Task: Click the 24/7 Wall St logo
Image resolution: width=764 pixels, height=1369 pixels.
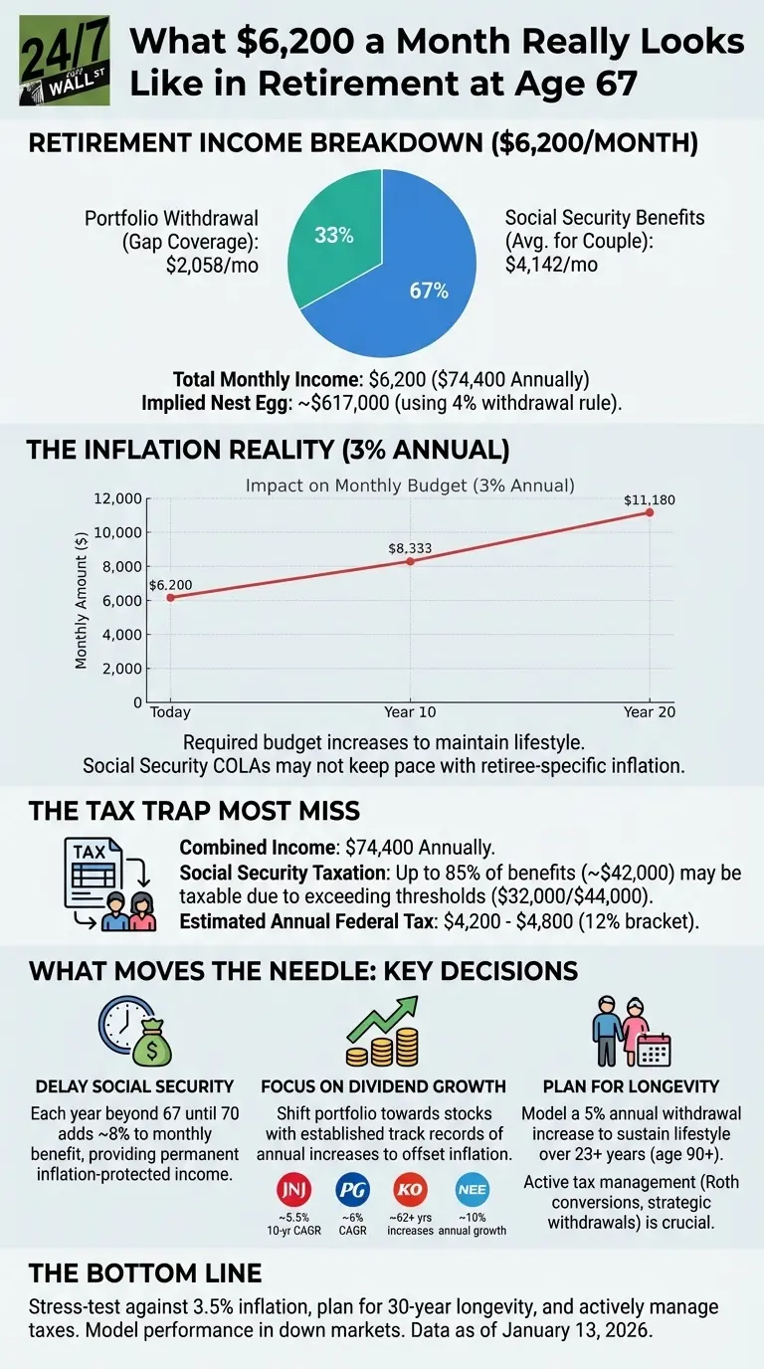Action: click(x=65, y=62)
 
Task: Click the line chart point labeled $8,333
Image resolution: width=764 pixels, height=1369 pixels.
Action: click(x=411, y=561)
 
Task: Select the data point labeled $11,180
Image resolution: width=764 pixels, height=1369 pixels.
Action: click(x=650, y=512)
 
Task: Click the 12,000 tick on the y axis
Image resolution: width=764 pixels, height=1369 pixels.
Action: click(x=116, y=498)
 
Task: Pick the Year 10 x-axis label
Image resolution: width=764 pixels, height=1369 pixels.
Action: click(x=410, y=713)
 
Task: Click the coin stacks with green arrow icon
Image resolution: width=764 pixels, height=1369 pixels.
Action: click(x=381, y=1031)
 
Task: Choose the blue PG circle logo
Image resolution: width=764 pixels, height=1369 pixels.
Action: click(x=353, y=1190)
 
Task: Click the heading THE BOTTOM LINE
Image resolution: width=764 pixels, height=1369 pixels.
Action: click(x=145, y=1273)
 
